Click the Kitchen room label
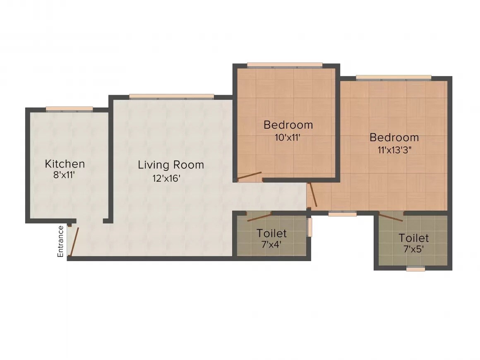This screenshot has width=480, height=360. (65, 163)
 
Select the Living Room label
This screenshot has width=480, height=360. (171, 165)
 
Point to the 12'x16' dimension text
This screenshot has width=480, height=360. (166, 178)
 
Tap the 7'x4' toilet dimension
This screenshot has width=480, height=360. (271, 244)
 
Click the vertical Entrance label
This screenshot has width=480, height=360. (61, 241)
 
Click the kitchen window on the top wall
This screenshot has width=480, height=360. (70, 109)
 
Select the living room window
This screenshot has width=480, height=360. (171, 97)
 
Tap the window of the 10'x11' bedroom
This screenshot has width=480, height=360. (285, 65)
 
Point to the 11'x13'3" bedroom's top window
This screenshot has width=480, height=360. (394, 77)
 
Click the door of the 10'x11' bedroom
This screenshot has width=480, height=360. (250, 176)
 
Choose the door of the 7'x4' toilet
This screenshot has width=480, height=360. (259, 216)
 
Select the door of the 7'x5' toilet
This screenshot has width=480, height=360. (391, 216)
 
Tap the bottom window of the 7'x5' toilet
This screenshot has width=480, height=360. (415, 269)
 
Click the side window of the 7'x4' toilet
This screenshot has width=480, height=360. (310, 227)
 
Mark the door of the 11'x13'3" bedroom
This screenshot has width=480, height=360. (313, 194)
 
